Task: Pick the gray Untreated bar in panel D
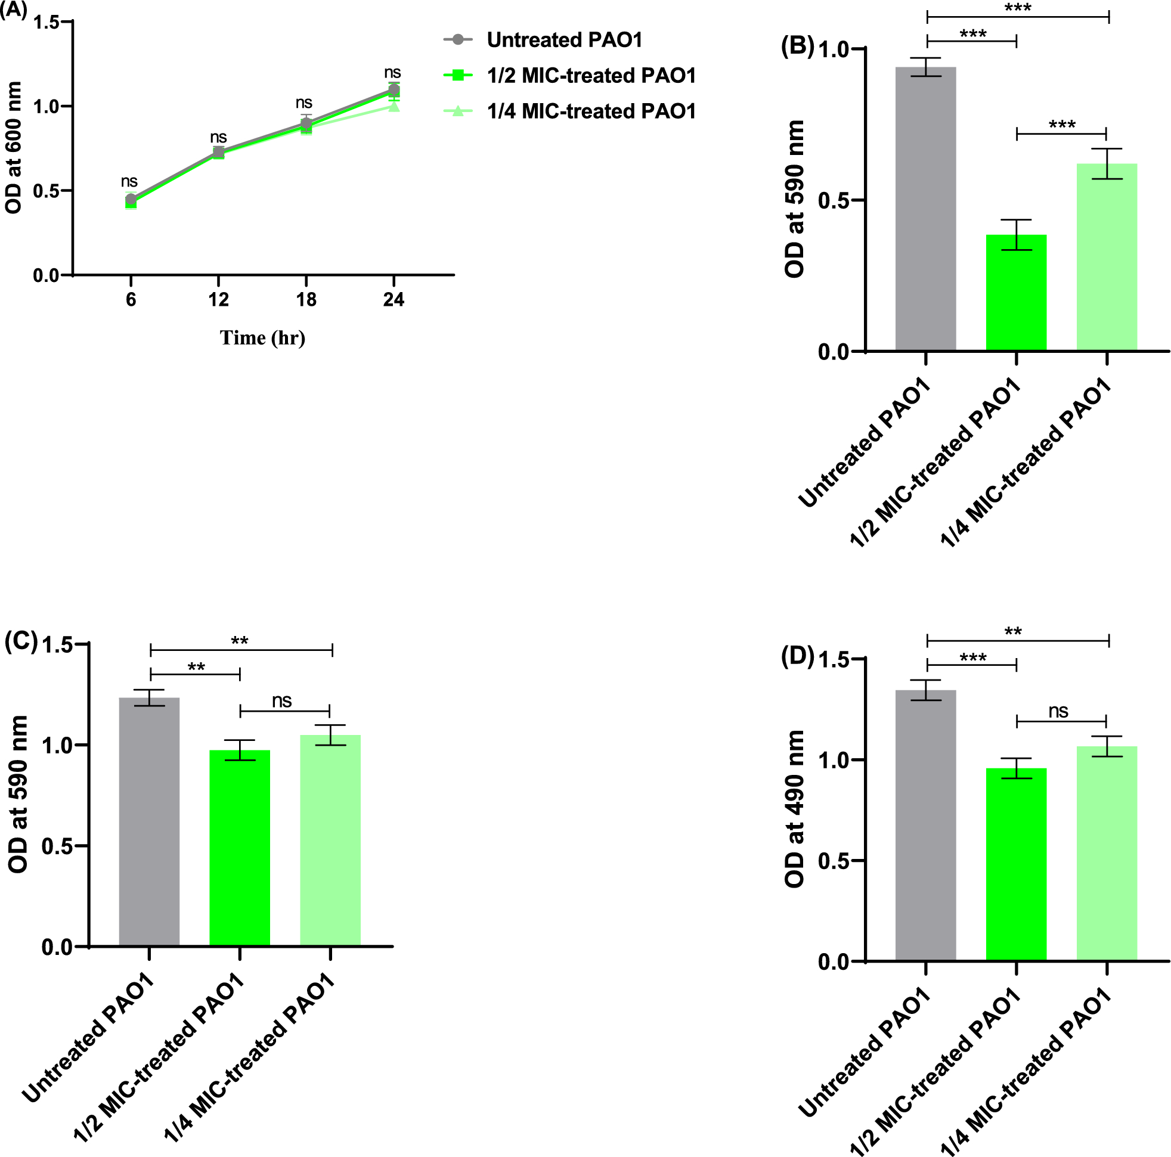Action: click(x=925, y=825)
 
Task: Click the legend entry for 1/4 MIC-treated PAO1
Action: click(x=591, y=111)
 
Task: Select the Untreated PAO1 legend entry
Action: click(x=563, y=40)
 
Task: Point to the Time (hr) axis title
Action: click(x=262, y=337)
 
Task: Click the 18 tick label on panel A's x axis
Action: click(x=306, y=299)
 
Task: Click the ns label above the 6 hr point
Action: click(x=129, y=181)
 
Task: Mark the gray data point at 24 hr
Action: click(x=394, y=89)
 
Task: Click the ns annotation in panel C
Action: click(x=282, y=700)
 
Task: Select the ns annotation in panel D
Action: click(x=1058, y=711)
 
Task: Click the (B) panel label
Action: click(x=797, y=46)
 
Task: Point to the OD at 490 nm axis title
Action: click(x=794, y=809)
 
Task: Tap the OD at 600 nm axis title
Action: click(x=13, y=147)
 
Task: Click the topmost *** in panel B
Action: click(x=1018, y=8)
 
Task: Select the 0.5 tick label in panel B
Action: click(x=834, y=201)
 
